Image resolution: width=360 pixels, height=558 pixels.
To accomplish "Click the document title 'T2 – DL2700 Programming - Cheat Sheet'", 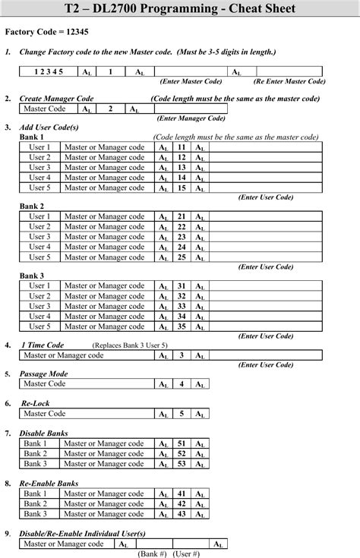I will pos(180,10).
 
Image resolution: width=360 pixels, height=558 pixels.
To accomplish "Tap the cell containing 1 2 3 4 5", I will pos(49,71).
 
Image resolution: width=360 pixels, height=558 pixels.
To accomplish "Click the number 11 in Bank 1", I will pos(182,147).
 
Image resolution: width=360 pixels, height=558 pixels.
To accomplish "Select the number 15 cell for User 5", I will pos(182,188).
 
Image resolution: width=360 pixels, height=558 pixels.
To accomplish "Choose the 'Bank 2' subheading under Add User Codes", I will pos(32,206).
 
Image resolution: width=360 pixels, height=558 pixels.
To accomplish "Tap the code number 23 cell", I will pos(182,237).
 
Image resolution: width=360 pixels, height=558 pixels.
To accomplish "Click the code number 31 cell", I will pos(182,286).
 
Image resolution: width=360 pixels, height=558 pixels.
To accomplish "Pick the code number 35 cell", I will pos(182,326).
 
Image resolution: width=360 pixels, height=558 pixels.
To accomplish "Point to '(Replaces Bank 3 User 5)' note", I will pos(130,345).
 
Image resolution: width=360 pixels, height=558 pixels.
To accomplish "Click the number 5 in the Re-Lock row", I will pos(182,414).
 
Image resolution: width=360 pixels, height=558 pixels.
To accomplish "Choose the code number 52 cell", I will pos(182,453).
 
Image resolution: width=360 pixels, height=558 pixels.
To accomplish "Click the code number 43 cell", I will pos(182,514).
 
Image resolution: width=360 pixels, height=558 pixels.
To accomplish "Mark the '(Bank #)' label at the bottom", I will pos(151,554).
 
